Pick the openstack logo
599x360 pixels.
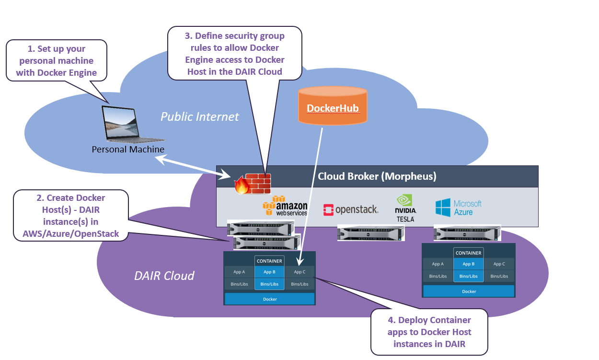(351, 209)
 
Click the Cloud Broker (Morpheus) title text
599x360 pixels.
(377, 176)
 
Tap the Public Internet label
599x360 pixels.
(199, 116)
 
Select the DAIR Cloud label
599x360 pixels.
(164, 276)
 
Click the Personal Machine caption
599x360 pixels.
(128, 150)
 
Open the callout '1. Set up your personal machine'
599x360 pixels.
(57, 61)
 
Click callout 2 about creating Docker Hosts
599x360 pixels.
(71, 216)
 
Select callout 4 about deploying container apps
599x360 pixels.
(429, 332)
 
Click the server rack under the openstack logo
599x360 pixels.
(370, 233)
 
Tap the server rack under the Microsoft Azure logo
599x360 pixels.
(467, 232)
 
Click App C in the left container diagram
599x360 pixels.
(299, 272)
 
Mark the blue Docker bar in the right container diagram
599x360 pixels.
(469, 291)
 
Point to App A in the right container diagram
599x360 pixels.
(438, 264)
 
